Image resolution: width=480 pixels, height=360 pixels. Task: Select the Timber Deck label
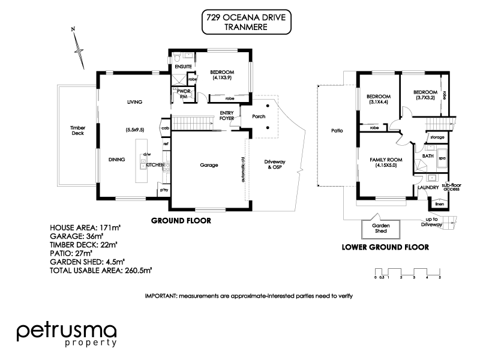[x=78, y=131]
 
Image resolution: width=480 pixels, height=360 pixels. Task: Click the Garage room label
[x=208, y=165]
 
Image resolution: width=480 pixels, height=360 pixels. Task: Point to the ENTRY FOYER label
[x=227, y=115]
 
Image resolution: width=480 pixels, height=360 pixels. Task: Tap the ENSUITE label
[x=183, y=66]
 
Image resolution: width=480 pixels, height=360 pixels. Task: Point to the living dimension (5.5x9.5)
[x=134, y=130]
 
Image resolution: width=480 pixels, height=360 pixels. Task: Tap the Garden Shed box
[x=382, y=229]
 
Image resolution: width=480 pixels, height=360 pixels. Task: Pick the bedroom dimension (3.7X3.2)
[x=424, y=100]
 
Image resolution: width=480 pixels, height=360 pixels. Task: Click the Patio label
[x=336, y=130]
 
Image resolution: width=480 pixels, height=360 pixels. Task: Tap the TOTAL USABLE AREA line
[x=101, y=271]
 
